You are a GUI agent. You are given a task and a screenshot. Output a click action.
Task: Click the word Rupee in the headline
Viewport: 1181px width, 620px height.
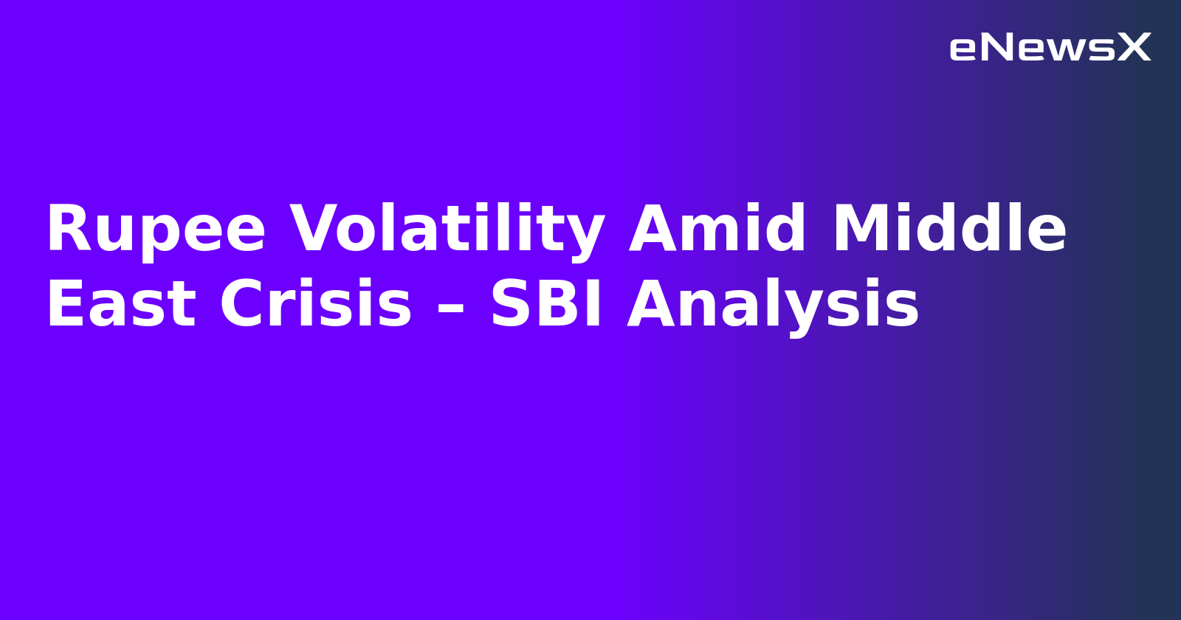(156, 230)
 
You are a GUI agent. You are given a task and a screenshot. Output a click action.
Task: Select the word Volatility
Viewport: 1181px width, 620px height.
(447, 230)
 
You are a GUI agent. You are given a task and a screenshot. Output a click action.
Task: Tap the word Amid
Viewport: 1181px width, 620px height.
(717, 230)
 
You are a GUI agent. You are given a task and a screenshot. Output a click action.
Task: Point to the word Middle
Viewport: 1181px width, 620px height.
(949, 230)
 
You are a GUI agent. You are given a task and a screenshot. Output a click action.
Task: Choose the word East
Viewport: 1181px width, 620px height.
(121, 305)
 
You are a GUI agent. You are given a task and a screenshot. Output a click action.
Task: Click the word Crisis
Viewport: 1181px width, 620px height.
(315, 305)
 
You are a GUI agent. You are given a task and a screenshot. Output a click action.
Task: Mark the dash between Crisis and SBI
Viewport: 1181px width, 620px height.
(450, 306)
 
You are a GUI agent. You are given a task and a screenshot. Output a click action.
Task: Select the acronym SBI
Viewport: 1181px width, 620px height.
(547, 305)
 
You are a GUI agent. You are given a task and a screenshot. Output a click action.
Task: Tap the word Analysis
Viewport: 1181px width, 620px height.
(773, 305)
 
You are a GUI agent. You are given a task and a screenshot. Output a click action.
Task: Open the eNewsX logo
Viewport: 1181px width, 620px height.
(1050, 48)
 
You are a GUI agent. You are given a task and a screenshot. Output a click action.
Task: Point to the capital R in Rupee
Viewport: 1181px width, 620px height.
(66, 230)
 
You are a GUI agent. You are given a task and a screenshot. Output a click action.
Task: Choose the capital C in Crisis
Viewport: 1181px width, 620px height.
(244, 305)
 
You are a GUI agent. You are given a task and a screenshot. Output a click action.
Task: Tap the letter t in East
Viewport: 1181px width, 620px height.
(182, 305)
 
